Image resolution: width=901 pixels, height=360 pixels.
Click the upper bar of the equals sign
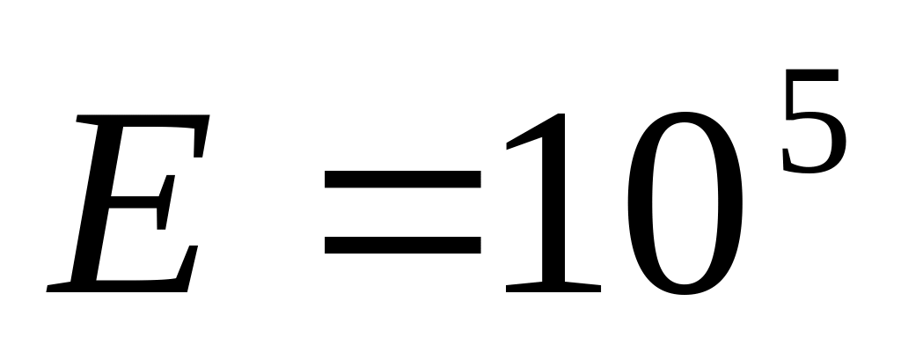click(403, 180)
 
